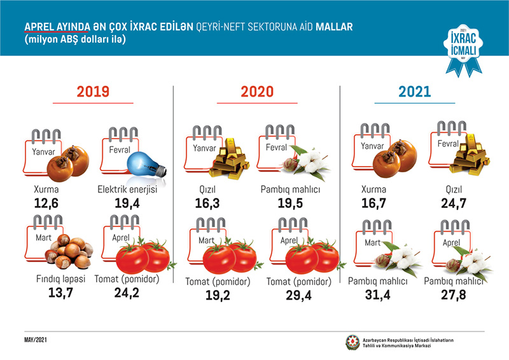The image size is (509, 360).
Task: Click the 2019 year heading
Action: [93, 92]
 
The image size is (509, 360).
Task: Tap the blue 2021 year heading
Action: [414, 92]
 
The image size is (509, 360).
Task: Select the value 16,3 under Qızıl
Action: [206, 203]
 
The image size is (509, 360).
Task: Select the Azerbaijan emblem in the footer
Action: [352, 342]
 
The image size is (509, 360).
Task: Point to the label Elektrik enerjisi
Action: [131, 190]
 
